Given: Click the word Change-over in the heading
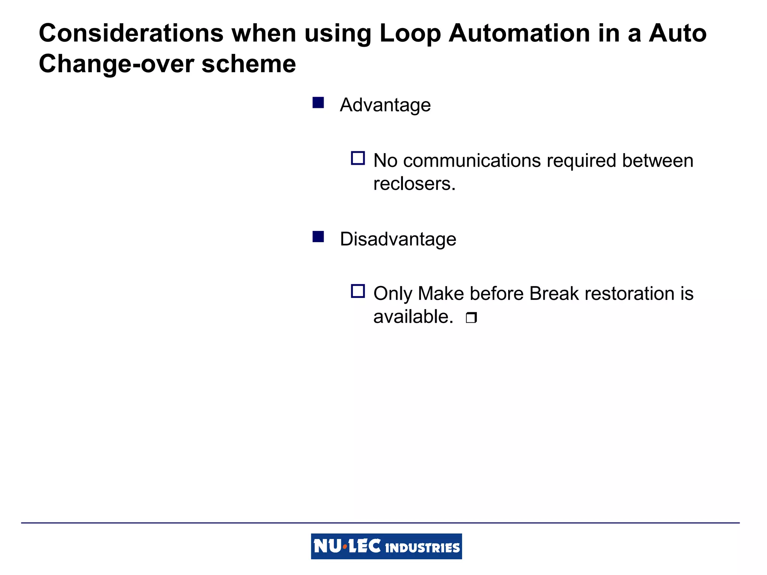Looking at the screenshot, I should tap(116, 64).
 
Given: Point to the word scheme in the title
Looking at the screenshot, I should tap(249, 64).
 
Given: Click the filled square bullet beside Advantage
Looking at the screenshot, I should tap(318, 103).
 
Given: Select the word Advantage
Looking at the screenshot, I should tap(385, 105).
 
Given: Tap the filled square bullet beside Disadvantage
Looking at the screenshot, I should tap(318, 237).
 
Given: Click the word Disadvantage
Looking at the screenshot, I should tap(398, 239).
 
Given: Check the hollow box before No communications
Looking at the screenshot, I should tap(358, 158).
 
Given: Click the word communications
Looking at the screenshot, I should tap(472, 161).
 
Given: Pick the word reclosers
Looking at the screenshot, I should tap(414, 184).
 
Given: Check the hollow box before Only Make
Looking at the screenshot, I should tap(358, 291).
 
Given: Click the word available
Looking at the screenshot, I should tap(413, 317).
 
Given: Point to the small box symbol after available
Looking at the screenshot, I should tap(471, 318).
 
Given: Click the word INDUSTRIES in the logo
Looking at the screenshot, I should tap(422, 548).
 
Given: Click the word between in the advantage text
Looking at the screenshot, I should tap(657, 161).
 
